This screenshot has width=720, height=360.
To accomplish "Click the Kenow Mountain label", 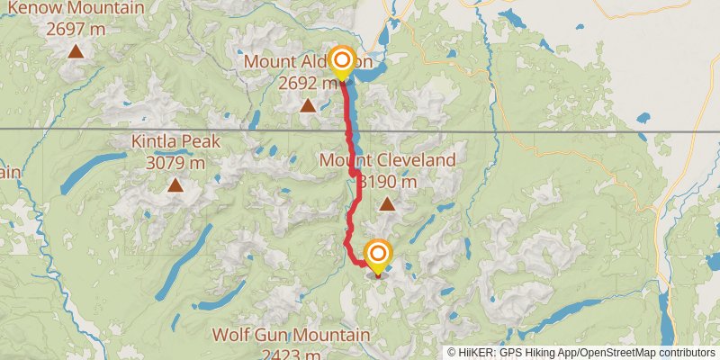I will (79, 8).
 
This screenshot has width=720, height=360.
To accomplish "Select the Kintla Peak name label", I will (175, 141).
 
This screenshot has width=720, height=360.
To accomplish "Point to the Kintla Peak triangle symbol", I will (175, 185).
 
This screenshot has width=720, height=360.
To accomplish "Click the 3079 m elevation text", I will (175, 163).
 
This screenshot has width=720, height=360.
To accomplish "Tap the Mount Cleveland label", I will (388, 161).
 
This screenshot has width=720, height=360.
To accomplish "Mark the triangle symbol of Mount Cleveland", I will (387, 204).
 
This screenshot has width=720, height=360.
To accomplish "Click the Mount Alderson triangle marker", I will (308, 106).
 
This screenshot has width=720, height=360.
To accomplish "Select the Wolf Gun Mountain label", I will (290, 335).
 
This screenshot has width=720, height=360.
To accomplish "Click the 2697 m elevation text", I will (76, 29).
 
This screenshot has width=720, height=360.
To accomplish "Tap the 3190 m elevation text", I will (388, 182).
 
